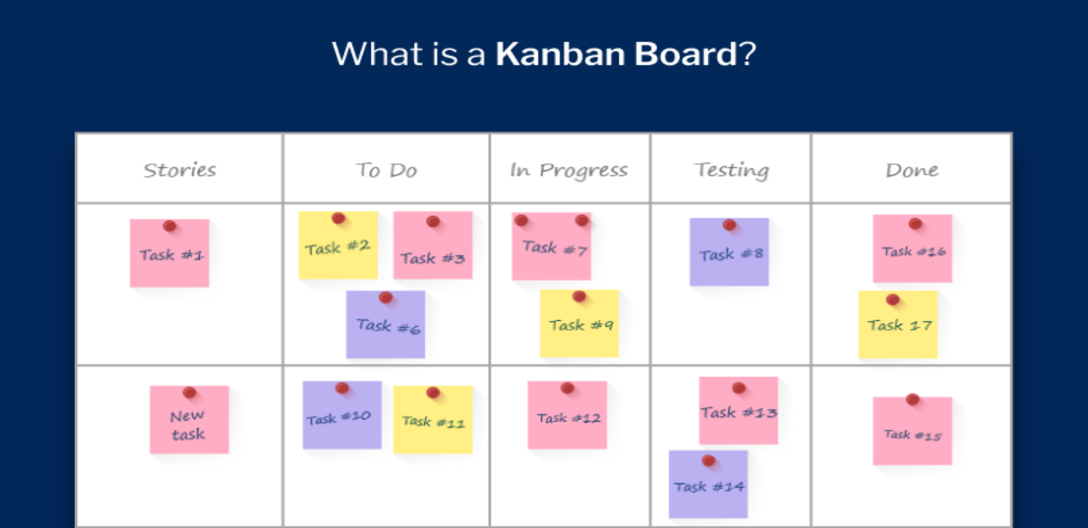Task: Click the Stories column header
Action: tap(180, 170)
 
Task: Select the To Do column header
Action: tap(387, 170)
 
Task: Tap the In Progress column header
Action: tap(568, 171)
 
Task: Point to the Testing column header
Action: tap(732, 170)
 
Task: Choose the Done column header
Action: tap(912, 170)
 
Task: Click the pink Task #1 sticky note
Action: tap(170, 253)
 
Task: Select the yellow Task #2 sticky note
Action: tap(338, 245)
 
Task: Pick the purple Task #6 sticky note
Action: tap(386, 325)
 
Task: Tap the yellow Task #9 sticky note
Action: tap(579, 323)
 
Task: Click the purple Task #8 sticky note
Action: tap(729, 252)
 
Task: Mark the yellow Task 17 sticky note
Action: tap(898, 325)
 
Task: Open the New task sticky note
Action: tap(189, 419)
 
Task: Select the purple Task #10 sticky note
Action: tap(342, 415)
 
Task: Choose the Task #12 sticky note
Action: tap(567, 415)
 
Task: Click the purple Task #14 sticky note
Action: tap(708, 484)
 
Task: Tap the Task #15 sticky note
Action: tap(912, 431)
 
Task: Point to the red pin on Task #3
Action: tap(433, 222)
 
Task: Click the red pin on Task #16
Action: tap(915, 224)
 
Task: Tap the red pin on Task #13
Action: tap(739, 388)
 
